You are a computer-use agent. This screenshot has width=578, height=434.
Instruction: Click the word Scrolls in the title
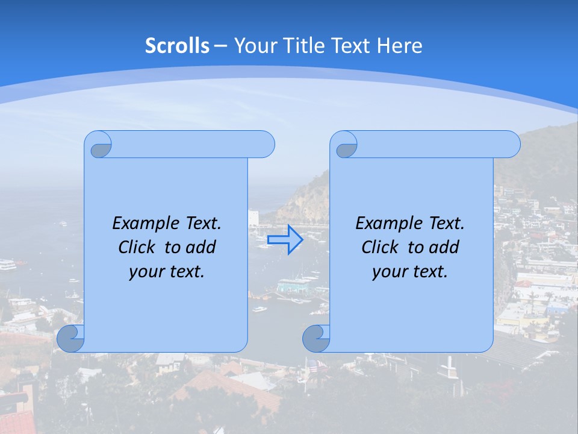coord(177,45)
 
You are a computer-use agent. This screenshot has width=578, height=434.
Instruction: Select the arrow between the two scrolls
coord(285,240)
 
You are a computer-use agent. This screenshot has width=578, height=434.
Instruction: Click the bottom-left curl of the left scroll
coord(70,339)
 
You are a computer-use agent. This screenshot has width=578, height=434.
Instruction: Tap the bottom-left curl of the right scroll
coord(316,339)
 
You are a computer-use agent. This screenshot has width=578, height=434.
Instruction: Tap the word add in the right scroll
coord(444,247)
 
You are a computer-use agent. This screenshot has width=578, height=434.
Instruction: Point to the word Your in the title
coord(254,45)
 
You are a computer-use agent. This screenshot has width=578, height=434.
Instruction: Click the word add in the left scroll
coord(200,247)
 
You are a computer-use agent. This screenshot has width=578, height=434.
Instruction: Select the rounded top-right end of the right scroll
coord(509,144)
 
